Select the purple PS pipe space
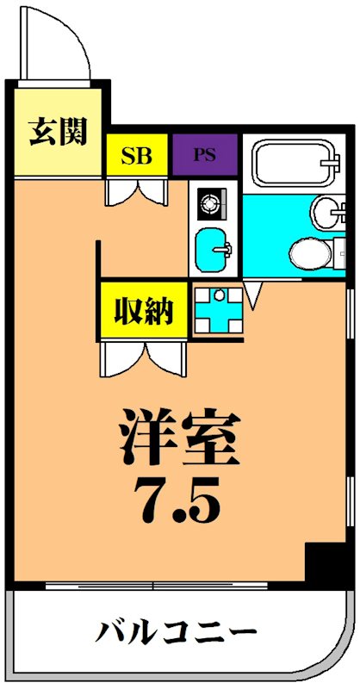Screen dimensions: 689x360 pyautogui.click(x=204, y=156)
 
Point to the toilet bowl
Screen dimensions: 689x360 pyautogui.click(x=309, y=252)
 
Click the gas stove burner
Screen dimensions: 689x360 pyautogui.click(x=210, y=205)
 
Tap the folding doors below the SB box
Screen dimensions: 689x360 pyautogui.click(x=137, y=189)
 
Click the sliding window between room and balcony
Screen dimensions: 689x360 pyautogui.click(x=155, y=586)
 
